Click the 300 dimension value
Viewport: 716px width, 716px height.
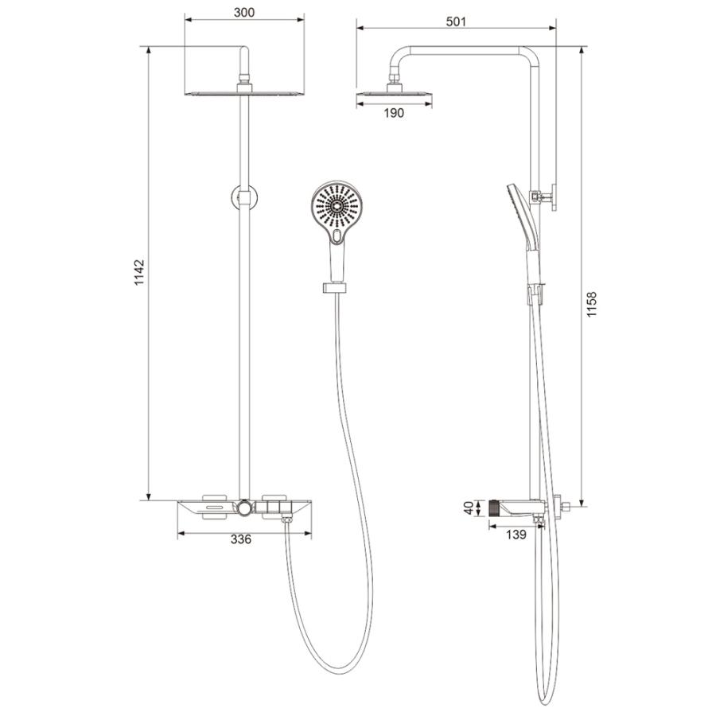tap(244, 13)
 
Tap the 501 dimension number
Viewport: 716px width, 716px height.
tap(456, 22)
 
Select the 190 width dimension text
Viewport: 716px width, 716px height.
tap(394, 113)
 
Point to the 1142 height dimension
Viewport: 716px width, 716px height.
tap(139, 273)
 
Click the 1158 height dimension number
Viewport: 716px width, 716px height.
tap(592, 305)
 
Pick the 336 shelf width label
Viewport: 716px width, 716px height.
tap(240, 539)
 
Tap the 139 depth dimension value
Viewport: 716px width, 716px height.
tap(516, 535)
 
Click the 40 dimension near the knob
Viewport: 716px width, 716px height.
tap(469, 508)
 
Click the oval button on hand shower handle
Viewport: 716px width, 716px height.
tap(337, 235)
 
